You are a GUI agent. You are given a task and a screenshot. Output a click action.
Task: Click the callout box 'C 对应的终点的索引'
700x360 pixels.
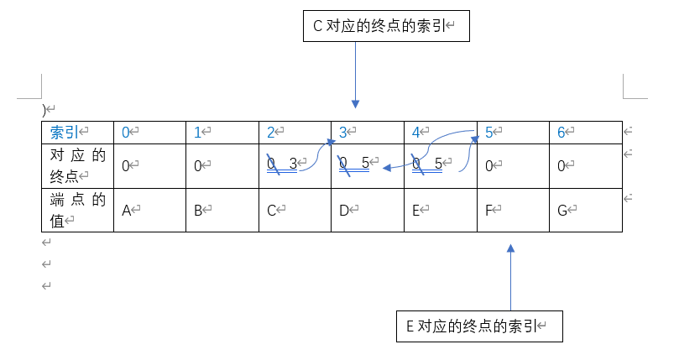pos(385,26)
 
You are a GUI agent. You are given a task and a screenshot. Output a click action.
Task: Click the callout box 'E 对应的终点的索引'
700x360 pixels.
pos(478,326)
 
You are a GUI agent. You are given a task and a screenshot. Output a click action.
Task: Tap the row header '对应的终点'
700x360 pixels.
pos(77,165)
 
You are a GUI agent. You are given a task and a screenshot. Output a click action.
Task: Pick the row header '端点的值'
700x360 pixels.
pos(77,210)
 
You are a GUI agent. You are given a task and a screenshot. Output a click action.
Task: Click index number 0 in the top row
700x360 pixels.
pos(126,133)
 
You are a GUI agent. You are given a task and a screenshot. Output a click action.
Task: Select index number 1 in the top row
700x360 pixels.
pos(198,133)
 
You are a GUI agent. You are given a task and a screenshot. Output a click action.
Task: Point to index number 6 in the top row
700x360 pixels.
pos(562,133)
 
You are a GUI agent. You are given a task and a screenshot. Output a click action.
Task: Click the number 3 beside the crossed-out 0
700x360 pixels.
pos(293,164)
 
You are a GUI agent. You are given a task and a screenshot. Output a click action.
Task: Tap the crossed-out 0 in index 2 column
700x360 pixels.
pos(272,164)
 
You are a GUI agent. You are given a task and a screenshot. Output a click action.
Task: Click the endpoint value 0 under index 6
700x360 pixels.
pos(562,166)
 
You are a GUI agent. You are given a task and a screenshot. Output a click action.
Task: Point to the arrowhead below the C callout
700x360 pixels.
pos(356,104)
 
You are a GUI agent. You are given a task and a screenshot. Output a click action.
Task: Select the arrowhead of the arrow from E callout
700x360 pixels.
pos(510,248)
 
